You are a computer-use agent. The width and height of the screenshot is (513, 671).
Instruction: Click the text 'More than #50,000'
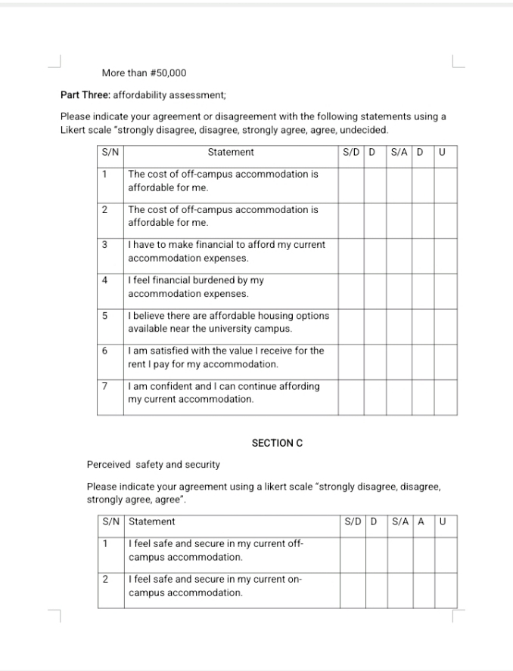tap(144, 73)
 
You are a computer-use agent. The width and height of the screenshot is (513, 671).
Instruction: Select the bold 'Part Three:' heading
tap(85, 95)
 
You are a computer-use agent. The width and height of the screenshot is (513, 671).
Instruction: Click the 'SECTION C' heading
tap(277, 444)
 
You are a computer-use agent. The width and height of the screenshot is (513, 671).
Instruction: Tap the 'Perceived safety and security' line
tap(154, 464)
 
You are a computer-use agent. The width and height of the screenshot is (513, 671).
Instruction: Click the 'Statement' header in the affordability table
tap(231, 152)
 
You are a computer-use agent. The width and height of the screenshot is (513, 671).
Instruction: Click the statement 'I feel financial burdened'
tap(196, 286)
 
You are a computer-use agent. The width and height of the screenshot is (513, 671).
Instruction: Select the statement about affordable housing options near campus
tap(228, 322)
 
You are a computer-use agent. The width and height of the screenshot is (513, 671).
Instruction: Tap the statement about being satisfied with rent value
tap(225, 357)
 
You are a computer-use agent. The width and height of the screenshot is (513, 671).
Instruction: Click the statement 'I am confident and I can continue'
tap(223, 392)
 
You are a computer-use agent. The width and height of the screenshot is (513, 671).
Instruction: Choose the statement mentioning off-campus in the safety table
tap(216, 550)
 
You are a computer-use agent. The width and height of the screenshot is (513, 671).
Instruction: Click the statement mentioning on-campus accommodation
tap(216, 586)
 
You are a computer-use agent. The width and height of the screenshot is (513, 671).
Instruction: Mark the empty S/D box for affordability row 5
tap(350, 322)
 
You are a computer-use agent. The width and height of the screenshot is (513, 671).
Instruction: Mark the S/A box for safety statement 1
tap(398, 550)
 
